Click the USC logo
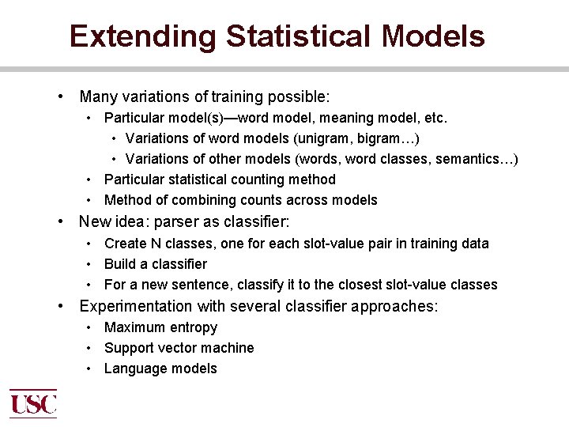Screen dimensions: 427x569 (x=33, y=403)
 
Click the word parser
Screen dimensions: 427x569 (x=179, y=223)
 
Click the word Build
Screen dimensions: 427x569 (x=121, y=264)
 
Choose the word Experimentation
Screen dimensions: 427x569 (x=136, y=306)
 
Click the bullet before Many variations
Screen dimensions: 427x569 (x=61, y=97)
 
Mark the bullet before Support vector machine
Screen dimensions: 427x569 (x=90, y=348)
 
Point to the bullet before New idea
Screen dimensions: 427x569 (x=61, y=223)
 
